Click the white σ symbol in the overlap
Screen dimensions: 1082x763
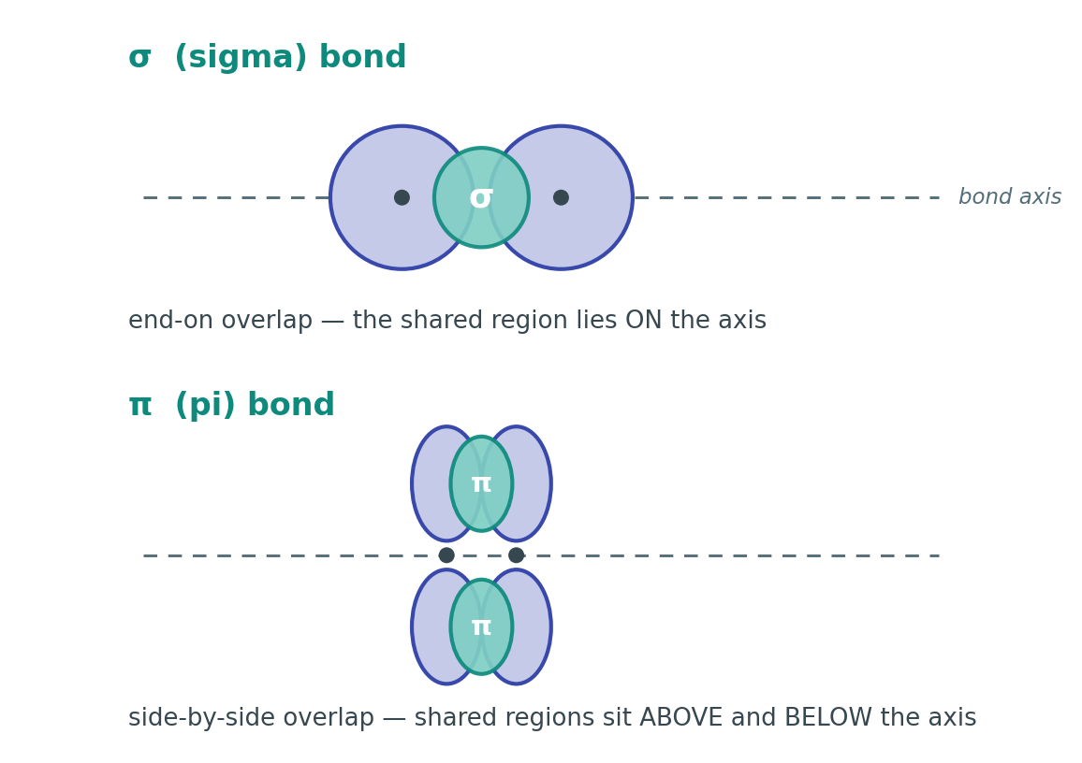pyautogui.click(x=481, y=198)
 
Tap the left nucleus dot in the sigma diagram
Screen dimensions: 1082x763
pyautogui.click(x=402, y=198)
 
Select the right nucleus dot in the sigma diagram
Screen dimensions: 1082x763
pyautogui.click(x=561, y=198)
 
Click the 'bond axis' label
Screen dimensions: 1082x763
pyautogui.click(x=1010, y=197)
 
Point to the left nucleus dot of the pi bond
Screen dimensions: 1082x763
pyautogui.click(x=446, y=555)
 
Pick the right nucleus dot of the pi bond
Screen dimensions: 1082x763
pyautogui.click(x=516, y=555)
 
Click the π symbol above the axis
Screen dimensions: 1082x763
pyautogui.click(x=481, y=484)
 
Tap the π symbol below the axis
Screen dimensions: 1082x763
pyautogui.click(x=481, y=627)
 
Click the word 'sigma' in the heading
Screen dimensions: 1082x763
pyautogui.click(x=241, y=58)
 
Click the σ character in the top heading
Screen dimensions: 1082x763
pyautogui.click(x=139, y=59)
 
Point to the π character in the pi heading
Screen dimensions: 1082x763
pyautogui.click(x=139, y=406)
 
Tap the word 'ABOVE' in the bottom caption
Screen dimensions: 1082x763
pyautogui.click(x=681, y=717)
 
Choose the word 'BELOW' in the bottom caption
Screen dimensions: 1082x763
pyautogui.click(x=826, y=717)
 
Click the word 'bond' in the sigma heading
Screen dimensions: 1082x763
pyautogui.click(x=362, y=58)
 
